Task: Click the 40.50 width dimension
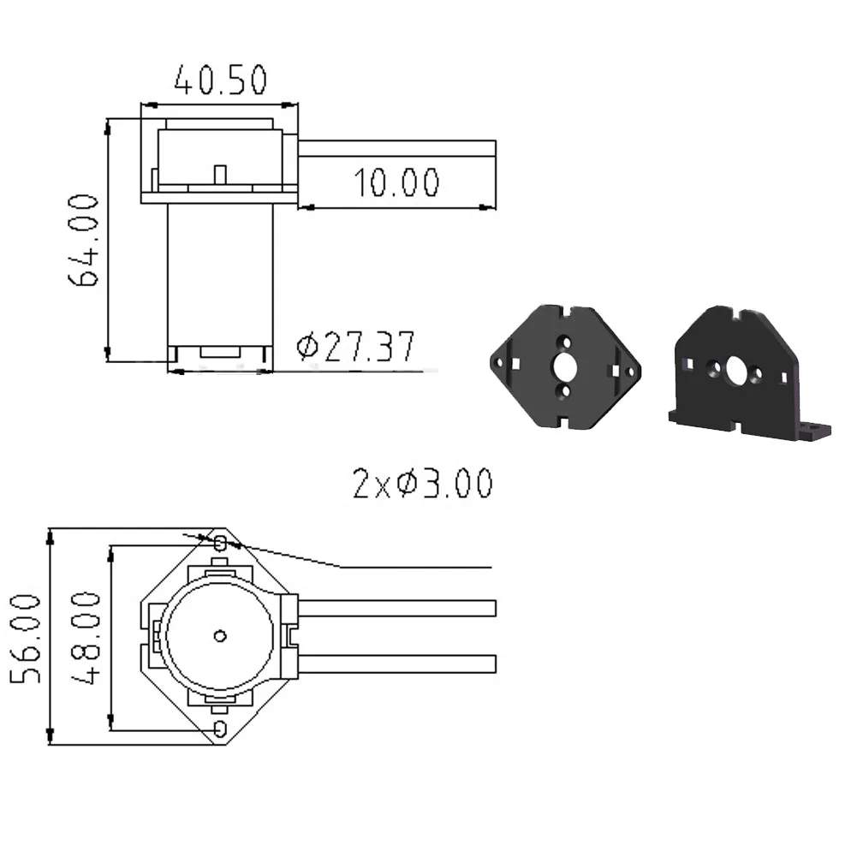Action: (x=221, y=80)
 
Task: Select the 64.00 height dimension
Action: (x=84, y=240)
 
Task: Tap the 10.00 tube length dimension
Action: (x=396, y=182)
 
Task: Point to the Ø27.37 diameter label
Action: (x=355, y=347)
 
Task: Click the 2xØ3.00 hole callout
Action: (x=422, y=483)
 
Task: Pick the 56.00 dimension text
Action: (x=26, y=639)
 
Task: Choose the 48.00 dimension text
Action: (x=86, y=637)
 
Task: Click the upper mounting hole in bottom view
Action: (x=220, y=544)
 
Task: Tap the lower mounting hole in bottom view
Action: (x=220, y=728)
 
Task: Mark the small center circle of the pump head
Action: (x=220, y=635)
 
